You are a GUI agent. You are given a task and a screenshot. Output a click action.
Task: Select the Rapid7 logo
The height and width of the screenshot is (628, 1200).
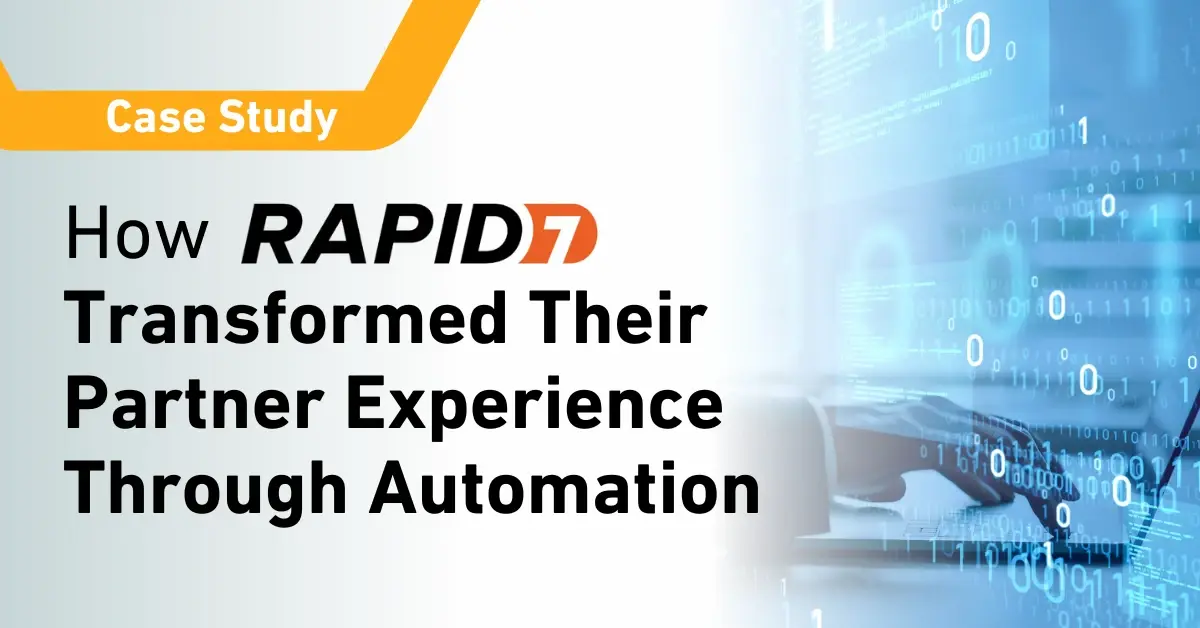click(420, 238)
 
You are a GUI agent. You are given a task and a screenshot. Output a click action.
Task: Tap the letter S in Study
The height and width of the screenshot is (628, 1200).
click(230, 120)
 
